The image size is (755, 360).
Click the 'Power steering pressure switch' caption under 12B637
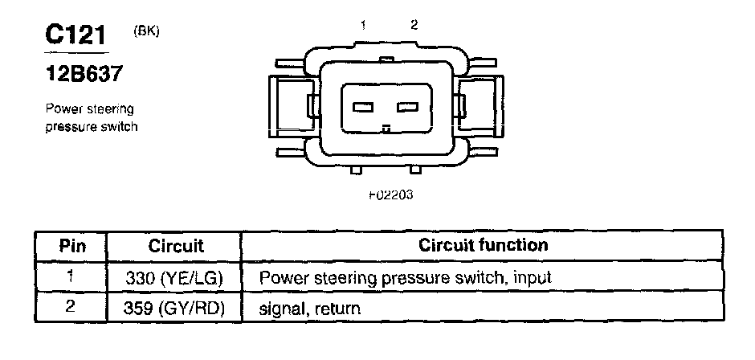tap(89, 117)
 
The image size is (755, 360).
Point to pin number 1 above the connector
tap(362, 26)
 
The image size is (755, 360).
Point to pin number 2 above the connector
tap(414, 25)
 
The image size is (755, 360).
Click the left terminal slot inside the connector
tap(363, 108)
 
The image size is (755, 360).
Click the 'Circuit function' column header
tap(484, 245)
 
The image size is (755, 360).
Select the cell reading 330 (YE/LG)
tap(174, 278)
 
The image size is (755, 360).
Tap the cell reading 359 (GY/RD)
tap(174, 308)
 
